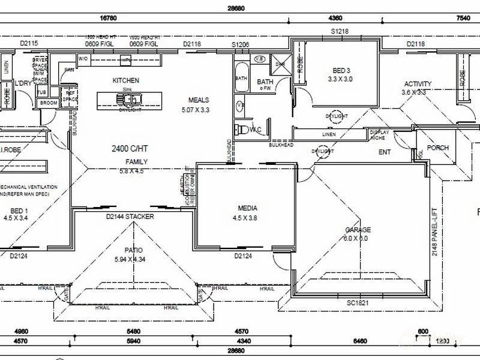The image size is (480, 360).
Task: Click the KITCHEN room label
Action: pyautogui.click(x=125, y=80)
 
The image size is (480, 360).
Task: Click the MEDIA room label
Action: pyautogui.click(x=247, y=209)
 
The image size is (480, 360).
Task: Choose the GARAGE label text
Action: pyautogui.click(x=358, y=230)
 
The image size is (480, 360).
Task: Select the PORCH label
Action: pyautogui.click(x=437, y=148)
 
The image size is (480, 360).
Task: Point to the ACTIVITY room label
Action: pyautogui.click(x=418, y=84)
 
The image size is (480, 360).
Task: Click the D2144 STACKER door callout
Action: pyautogui.click(x=130, y=216)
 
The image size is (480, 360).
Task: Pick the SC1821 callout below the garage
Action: pyautogui.click(x=358, y=304)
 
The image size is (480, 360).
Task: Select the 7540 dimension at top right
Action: pyautogui.click(x=463, y=17)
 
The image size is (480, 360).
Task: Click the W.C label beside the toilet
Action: pyautogui.click(x=254, y=130)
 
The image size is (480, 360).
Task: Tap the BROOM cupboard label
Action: pyautogui.click(x=48, y=103)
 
